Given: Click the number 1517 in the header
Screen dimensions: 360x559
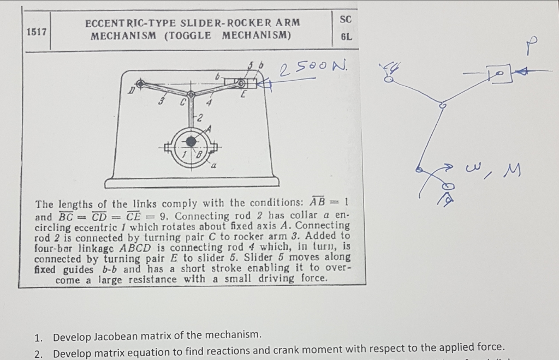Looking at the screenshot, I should (36, 31).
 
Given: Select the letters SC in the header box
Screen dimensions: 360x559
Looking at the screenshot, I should (346, 19).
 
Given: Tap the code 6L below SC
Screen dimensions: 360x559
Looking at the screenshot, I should (346, 38).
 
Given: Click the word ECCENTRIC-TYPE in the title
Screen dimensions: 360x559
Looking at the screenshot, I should (123, 23).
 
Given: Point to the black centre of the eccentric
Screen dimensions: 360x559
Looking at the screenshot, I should (191, 142).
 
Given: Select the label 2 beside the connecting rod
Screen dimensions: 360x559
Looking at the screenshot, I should (200, 118).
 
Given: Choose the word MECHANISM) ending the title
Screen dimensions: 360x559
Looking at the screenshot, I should (257, 35).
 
